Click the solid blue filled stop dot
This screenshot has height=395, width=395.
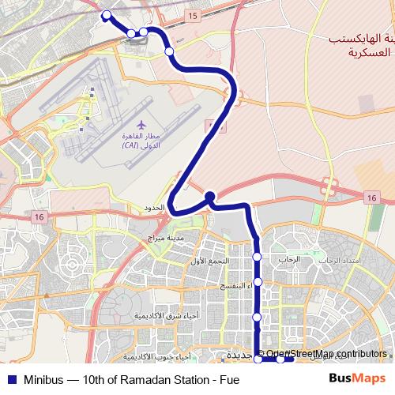click(209, 196)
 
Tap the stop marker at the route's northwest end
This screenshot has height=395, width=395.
click(106, 14)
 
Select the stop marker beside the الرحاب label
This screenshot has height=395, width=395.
click(257, 257)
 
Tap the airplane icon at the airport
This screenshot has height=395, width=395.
click(141, 125)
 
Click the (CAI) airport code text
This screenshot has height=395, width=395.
click(131, 146)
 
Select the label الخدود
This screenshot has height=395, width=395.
click(152, 208)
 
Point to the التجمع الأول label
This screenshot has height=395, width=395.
click(211, 260)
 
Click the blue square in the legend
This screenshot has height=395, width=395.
click(11, 379)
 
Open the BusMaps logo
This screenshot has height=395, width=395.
click(358, 378)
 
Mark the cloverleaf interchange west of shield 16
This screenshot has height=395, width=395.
click(329, 188)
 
